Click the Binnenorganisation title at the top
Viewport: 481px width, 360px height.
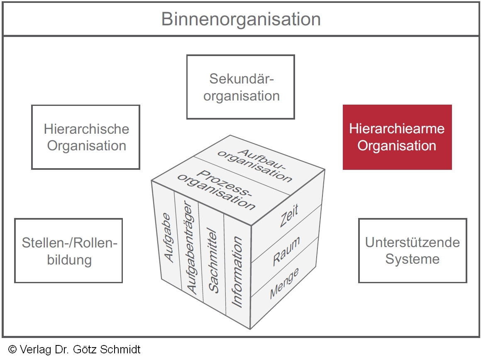(x=241, y=19)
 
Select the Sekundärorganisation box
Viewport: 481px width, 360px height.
(x=241, y=87)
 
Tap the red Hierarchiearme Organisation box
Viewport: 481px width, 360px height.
(x=397, y=137)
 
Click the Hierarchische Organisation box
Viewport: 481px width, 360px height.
(x=86, y=137)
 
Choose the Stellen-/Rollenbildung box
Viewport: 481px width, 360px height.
(x=69, y=251)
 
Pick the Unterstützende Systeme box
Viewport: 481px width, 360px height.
(x=412, y=251)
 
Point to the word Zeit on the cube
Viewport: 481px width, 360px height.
(x=289, y=216)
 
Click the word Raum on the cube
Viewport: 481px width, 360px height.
(x=286, y=252)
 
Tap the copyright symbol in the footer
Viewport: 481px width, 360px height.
(x=12, y=350)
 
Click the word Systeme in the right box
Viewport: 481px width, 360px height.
(x=412, y=259)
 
